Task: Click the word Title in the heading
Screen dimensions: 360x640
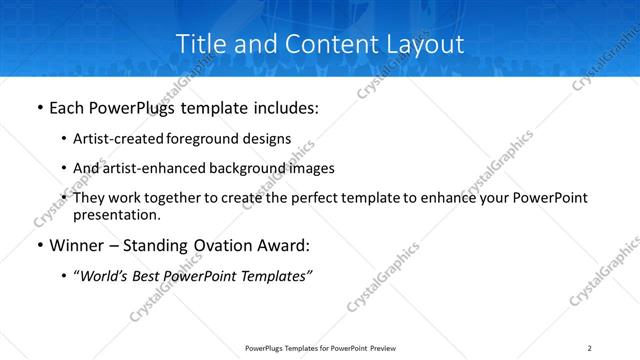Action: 199,45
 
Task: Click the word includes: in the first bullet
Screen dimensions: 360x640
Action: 284,108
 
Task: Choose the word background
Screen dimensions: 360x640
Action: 237,168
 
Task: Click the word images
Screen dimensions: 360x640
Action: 308,168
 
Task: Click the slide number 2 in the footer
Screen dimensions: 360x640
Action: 589,347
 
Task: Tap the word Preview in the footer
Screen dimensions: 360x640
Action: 384,347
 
